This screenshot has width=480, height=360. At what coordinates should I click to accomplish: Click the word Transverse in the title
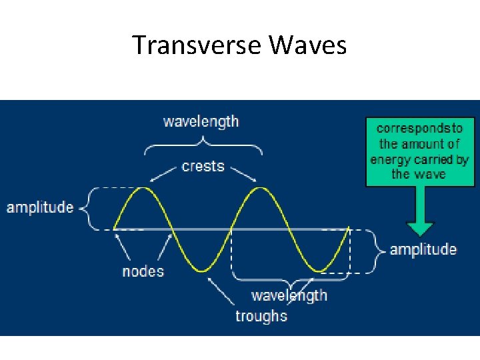(197, 45)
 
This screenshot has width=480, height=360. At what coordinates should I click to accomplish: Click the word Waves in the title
(308, 45)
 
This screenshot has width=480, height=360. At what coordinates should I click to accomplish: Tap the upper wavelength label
(201, 121)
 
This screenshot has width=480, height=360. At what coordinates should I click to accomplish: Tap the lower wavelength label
(289, 295)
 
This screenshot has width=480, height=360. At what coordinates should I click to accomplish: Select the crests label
(203, 166)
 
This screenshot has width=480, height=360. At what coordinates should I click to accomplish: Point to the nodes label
(143, 271)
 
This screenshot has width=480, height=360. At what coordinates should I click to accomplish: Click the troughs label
(261, 316)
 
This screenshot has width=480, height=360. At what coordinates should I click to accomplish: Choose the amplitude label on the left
(40, 207)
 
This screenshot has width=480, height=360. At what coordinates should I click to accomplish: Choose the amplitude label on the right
(423, 249)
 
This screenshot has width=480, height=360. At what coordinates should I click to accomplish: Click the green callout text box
(419, 151)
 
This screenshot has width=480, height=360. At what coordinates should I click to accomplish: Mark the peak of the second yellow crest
(260, 188)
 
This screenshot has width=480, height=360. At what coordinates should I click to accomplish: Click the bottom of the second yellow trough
(320, 271)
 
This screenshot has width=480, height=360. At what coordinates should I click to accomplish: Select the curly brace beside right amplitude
(379, 251)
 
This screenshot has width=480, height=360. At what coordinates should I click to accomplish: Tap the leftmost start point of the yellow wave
(115, 229)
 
